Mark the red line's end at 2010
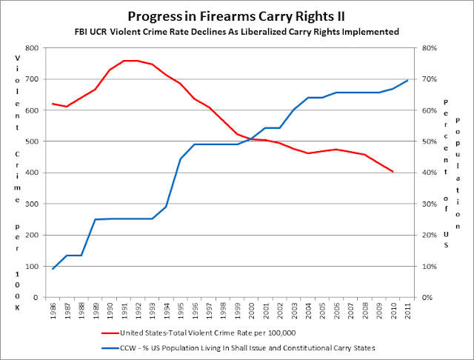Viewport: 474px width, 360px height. tap(393, 172)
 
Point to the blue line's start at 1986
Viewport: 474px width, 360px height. tap(53, 269)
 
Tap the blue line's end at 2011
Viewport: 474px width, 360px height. tap(407, 80)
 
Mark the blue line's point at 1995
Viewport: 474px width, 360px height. tap(181, 159)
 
